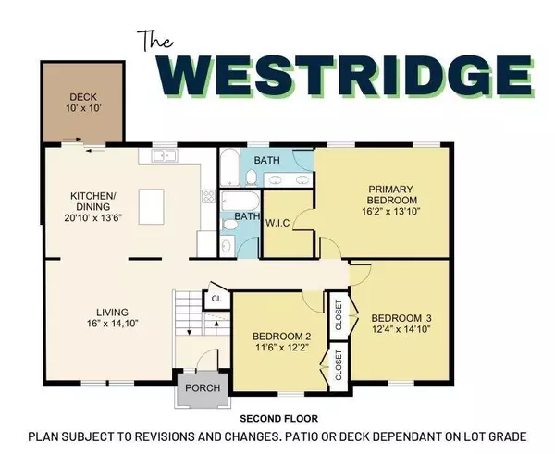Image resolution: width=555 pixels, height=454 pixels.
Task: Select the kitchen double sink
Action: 163,156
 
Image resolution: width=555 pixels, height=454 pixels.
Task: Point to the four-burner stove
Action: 208,199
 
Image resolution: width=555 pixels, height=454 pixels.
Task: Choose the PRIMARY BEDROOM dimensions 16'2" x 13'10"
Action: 383,209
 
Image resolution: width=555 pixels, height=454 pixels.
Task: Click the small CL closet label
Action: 216,299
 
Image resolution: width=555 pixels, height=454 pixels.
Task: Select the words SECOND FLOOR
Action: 277,419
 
